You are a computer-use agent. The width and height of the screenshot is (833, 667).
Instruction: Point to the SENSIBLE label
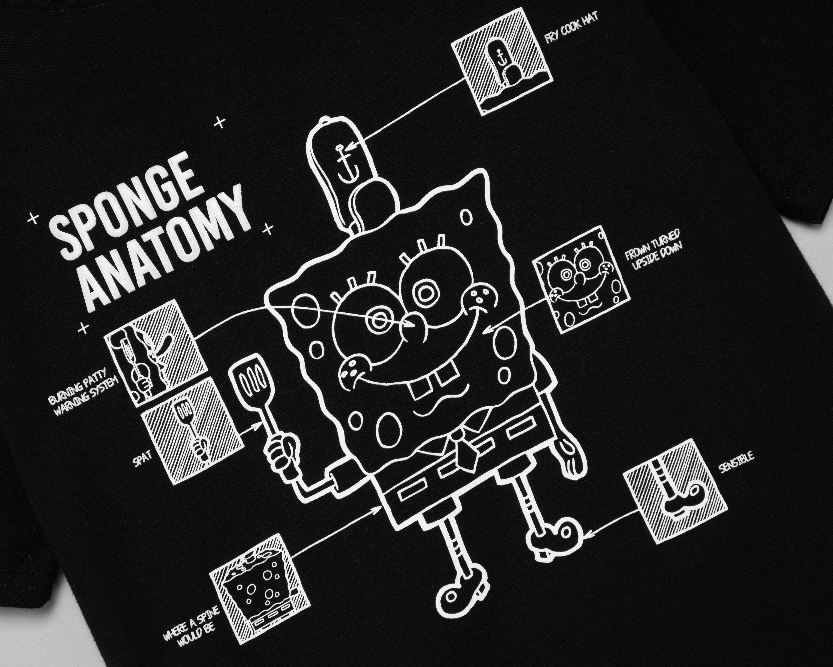736,463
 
